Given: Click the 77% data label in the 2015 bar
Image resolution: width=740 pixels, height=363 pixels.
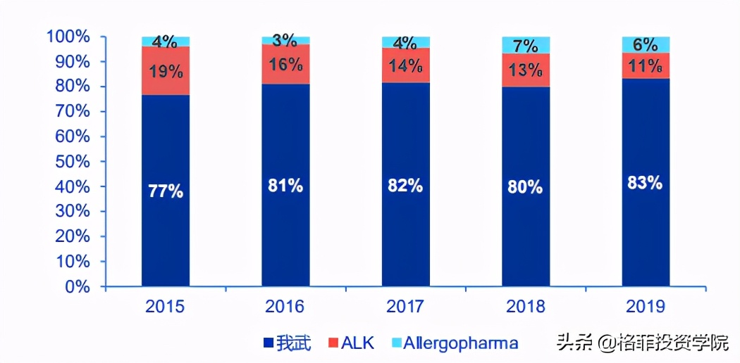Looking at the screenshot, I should (166, 191).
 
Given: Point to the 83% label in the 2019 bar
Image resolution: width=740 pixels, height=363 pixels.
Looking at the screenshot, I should (646, 183).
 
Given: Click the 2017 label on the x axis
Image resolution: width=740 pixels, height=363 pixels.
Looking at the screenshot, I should (405, 307).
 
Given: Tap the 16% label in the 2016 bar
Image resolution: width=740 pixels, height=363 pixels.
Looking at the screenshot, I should (285, 65).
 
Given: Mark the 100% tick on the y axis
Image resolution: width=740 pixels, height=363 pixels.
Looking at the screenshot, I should (69, 37).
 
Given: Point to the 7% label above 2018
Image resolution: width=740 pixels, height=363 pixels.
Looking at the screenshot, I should (526, 46).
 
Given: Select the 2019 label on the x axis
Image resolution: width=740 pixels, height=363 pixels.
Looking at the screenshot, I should (646, 307).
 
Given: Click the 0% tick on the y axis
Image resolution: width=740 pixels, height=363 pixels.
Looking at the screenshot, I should (78, 287).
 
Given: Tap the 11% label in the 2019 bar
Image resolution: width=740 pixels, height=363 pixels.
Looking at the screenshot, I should (646, 67).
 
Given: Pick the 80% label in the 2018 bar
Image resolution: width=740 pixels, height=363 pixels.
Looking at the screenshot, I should (526, 187).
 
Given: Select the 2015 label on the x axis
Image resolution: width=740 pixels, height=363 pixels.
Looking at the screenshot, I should (166, 307).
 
